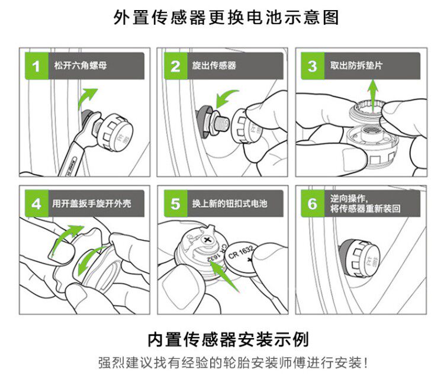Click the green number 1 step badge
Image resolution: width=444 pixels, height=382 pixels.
tap(37, 66)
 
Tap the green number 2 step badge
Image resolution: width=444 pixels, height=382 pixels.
tap(176, 66)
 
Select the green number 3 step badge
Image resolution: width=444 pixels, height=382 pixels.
tap(313, 66)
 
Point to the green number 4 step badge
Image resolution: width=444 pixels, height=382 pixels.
tap(37, 204)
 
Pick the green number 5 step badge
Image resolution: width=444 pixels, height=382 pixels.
tap(176, 204)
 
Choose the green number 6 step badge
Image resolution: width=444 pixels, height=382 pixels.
tap(313, 204)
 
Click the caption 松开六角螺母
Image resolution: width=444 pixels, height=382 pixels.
tap(81, 66)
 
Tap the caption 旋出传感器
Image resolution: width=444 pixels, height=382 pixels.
tap(214, 66)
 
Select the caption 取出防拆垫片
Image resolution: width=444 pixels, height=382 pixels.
tap(356, 66)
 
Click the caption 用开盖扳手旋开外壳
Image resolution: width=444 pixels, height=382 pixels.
tap(91, 204)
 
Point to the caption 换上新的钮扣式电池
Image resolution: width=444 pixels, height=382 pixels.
tap(230, 204)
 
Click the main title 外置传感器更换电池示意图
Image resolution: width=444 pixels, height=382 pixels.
tap(226, 18)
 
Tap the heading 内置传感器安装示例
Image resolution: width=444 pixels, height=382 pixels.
tap(229, 339)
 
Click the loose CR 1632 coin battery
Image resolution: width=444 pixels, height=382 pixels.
tap(243, 257)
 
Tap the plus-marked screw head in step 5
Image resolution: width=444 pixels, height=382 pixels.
tap(208, 240)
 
